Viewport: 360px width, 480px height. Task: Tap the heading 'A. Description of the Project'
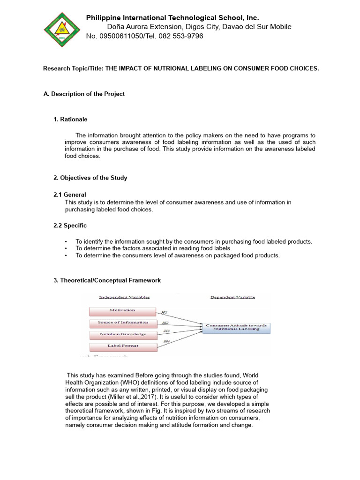tap(84, 94)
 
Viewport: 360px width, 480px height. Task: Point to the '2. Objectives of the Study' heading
tap(90, 178)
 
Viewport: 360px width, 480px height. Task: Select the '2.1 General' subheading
tap(70, 195)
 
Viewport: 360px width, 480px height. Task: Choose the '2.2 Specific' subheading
tap(70, 225)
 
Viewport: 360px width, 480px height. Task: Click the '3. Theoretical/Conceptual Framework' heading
tap(107, 280)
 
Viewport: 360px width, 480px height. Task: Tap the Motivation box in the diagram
tap(122, 311)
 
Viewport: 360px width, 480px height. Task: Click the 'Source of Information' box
tap(122, 323)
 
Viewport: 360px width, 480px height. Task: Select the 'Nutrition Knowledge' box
tap(122, 335)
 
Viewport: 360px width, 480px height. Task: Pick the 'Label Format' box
tap(122, 347)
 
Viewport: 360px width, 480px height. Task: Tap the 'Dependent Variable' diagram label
tap(233, 297)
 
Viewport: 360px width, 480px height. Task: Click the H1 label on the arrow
tap(164, 312)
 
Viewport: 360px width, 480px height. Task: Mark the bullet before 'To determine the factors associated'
tap(66, 248)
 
